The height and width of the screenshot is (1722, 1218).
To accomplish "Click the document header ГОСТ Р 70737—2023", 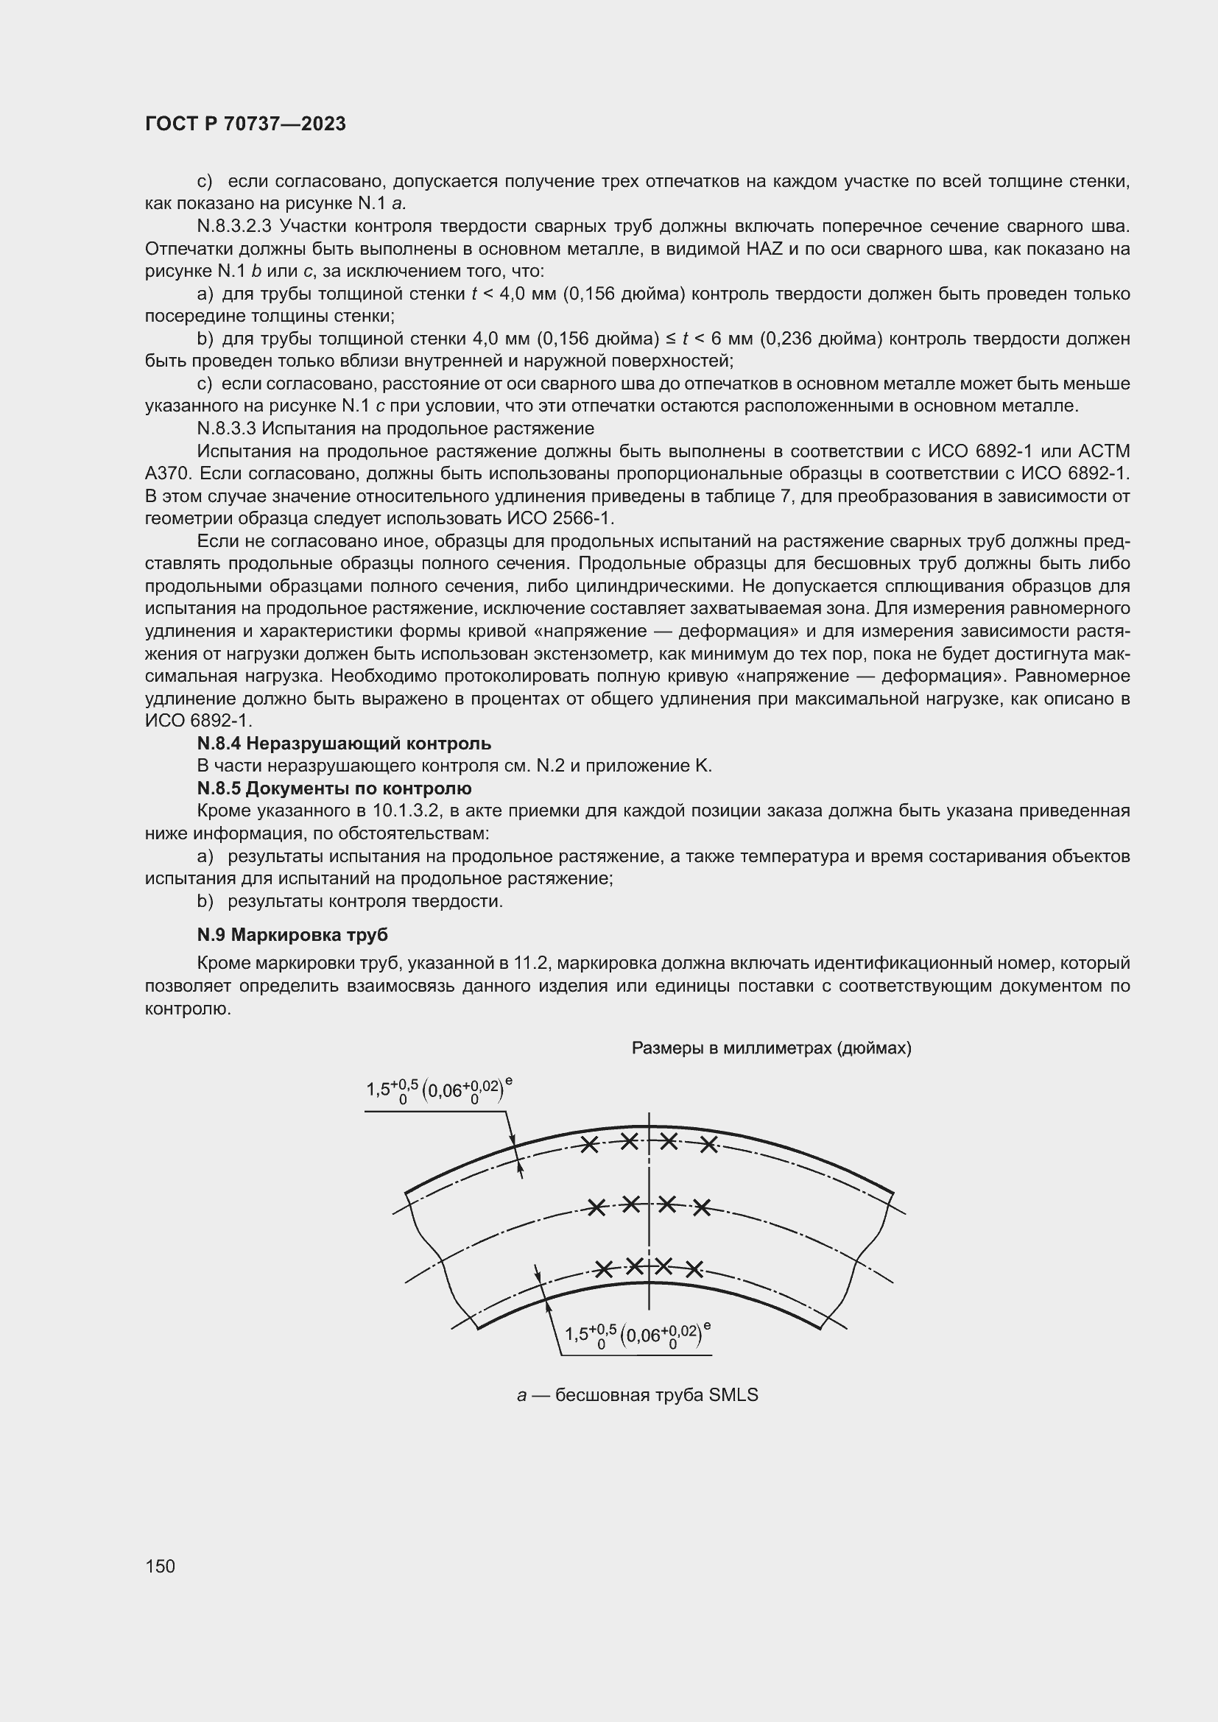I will click(x=245, y=124).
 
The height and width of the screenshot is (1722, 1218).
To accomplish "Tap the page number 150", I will click(x=160, y=1566).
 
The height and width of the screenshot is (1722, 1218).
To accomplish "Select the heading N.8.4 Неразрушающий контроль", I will click(x=343, y=744).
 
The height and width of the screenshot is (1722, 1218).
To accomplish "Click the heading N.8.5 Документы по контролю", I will click(x=334, y=788).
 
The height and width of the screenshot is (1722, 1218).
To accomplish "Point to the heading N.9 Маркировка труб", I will click(x=292, y=935).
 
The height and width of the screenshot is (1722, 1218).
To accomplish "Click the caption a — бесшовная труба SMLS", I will click(x=638, y=1395).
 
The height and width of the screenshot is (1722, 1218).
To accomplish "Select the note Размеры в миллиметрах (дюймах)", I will click(x=771, y=1048).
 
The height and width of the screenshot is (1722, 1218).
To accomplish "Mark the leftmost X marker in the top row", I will click(x=591, y=1145).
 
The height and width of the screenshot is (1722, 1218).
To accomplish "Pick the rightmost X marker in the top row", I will click(x=708, y=1145).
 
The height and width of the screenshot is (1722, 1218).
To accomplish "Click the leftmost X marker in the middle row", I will click(x=596, y=1207).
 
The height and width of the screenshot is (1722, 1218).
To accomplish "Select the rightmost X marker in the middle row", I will click(x=701, y=1207).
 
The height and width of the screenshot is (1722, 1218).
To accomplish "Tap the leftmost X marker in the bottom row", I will click(x=604, y=1269).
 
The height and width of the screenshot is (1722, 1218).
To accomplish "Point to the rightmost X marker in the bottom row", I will click(x=694, y=1269).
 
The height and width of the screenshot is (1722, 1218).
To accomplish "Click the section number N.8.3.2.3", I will click(x=235, y=226).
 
